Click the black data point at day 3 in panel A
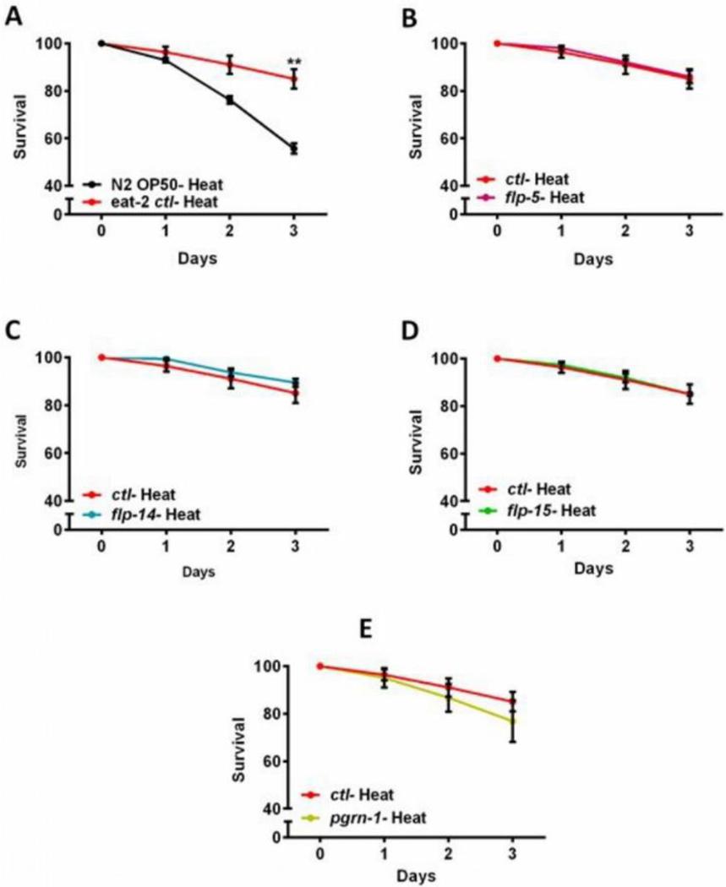294,149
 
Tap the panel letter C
12,330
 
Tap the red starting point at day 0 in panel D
497,358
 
